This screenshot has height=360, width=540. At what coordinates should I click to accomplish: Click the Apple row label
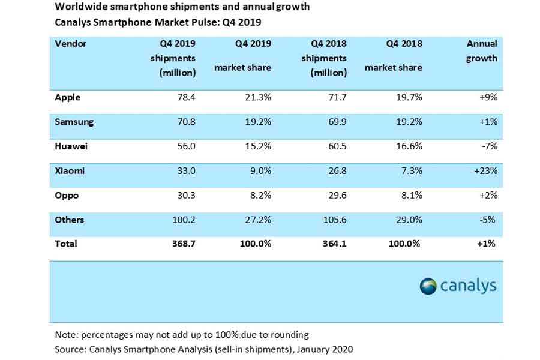tap(67, 97)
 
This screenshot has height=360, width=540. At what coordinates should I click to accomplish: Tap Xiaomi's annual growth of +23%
tap(484, 171)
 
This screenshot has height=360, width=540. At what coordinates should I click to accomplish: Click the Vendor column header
tap(71, 44)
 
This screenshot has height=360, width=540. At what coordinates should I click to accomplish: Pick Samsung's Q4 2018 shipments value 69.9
tap(335, 122)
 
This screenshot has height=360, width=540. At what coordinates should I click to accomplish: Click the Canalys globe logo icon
tap(428, 286)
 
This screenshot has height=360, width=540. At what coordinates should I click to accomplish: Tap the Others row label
tap(69, 220)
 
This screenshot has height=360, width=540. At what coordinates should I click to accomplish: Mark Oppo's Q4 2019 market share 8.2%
tap(260, 195)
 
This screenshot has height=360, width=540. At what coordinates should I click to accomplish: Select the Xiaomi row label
tap(70, 171)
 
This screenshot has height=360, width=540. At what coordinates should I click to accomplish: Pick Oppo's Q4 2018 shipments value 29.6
tap(335, 195)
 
